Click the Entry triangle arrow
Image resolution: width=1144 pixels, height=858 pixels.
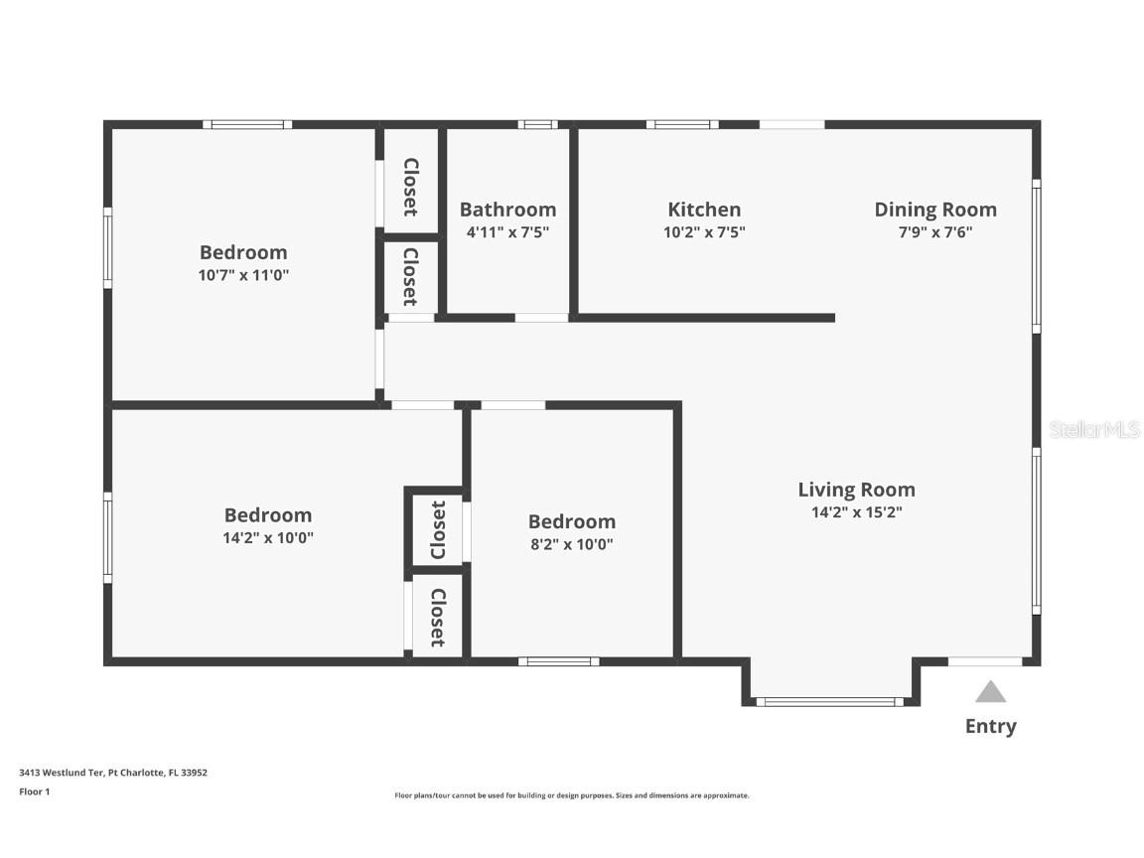coord(990,692)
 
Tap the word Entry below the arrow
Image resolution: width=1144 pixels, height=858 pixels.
coord(990,727)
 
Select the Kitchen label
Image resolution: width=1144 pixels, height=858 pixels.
coord(704,210)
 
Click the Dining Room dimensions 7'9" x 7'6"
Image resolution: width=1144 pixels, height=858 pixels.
coord(934,232)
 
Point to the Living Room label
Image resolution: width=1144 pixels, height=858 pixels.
coord(856,490)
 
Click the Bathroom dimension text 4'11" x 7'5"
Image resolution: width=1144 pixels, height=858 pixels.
coord(507,232)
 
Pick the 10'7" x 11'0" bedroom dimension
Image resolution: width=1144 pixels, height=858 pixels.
coord(243,275)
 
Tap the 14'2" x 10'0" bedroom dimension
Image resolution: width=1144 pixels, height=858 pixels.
coord(268,537)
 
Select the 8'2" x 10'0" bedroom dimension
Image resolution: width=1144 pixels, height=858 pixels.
coord(571,544)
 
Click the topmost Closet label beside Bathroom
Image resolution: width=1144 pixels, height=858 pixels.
coord(410,187)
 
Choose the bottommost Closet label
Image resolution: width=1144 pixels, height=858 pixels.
coord(438,617)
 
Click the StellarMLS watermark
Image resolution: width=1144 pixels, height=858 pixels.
coord(1094,429)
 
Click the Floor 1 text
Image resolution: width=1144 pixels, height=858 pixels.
coord(34,791)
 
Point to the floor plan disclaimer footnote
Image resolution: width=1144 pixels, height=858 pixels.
coord(571,795)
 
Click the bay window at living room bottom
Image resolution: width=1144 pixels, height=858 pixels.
coord(829,702)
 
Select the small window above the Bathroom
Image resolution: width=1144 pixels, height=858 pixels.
coord(538,124)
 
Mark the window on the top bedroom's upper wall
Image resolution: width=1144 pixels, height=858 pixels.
coord(247,124)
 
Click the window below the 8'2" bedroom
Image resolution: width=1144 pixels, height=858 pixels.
coord(558,661)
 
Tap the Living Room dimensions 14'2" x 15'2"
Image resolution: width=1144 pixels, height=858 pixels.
coord(856,512)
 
